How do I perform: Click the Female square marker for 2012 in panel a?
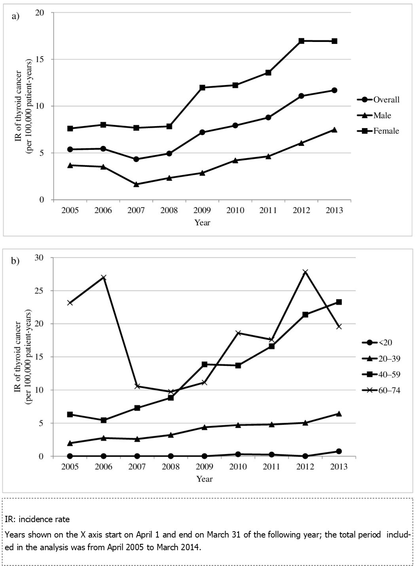pos(301,41)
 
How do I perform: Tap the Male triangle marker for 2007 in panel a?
pos(136,184)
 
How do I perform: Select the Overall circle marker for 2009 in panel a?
pos(202,132)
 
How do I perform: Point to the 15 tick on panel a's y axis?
pos(40,59)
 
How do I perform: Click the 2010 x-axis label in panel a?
pos(235,210)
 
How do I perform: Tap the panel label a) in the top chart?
pos(16,16)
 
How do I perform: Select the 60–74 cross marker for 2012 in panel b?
pos(305,272)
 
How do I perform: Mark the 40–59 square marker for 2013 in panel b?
pos(339,302)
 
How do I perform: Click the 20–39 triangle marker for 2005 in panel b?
pos(70,443)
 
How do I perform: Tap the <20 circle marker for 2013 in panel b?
pos(339,451)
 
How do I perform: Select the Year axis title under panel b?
pos(205,479)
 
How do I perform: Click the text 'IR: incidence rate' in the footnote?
pos(37,519)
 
